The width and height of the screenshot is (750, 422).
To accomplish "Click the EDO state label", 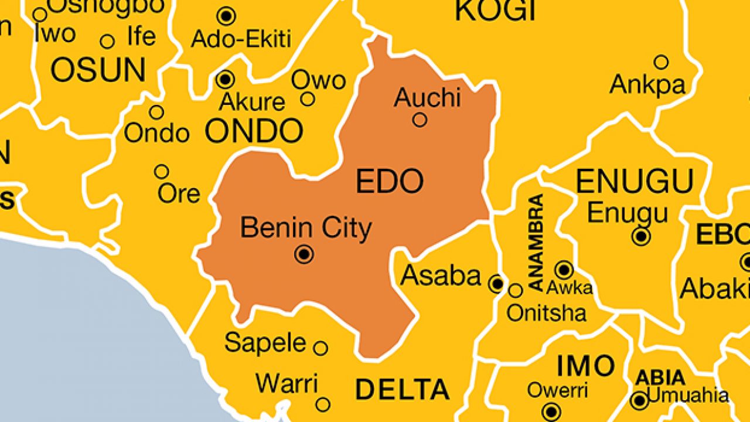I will pyautogui.click(x=390, y=182).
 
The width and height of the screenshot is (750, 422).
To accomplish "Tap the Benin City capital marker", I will pyautogui.click(x=304, y=254).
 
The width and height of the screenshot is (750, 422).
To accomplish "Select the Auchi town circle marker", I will pyautogui.click(x=420, y=120).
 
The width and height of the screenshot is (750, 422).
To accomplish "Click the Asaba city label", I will pyautogui.click(x=441, y=275).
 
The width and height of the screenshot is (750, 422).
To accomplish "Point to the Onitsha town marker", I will pyautogui.click(x=515, y=290).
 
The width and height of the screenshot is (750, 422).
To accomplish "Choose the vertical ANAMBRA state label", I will pyautogui.click(x=536, y=243).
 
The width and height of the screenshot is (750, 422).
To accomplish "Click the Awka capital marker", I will pyautogui.click(x=564, y=270).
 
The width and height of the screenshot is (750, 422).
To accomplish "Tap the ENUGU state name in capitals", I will pyautogui.click(x=635, y=182).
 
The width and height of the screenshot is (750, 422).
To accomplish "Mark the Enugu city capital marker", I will pyautogui.click(x=642, y=236).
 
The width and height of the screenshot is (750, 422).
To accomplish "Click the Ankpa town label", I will pyautogui.click(x=647, y=85).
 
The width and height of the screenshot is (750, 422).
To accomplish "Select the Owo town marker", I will pyautogui.click(x=308, y=99).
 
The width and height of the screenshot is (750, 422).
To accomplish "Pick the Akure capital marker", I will pyautogui.click(x=225, y=79).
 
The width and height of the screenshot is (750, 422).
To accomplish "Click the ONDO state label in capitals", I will pyautogui.click(x=254, y=131).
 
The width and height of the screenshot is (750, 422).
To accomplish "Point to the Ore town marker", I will pyautogui.click(x=161, y=172).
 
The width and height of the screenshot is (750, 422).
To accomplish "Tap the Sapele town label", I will pyautogui.click(x=265, y=343).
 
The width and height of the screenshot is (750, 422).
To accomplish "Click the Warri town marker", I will pyautogui.click(x=323, y=404).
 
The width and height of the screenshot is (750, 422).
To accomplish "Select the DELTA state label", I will pyautogui.click(x=402, y=389).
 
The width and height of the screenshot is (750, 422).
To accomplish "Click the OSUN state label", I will pyautogui.click(x=98, y=70).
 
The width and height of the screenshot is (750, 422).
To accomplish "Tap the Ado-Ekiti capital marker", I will pyautogui.click(x=226, y=16).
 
